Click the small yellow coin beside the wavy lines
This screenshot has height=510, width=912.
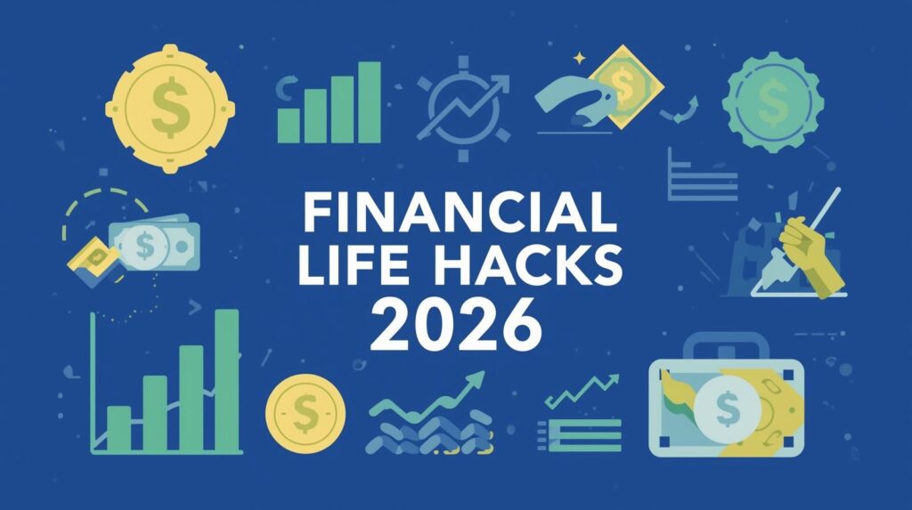click(x=304, y=411)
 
